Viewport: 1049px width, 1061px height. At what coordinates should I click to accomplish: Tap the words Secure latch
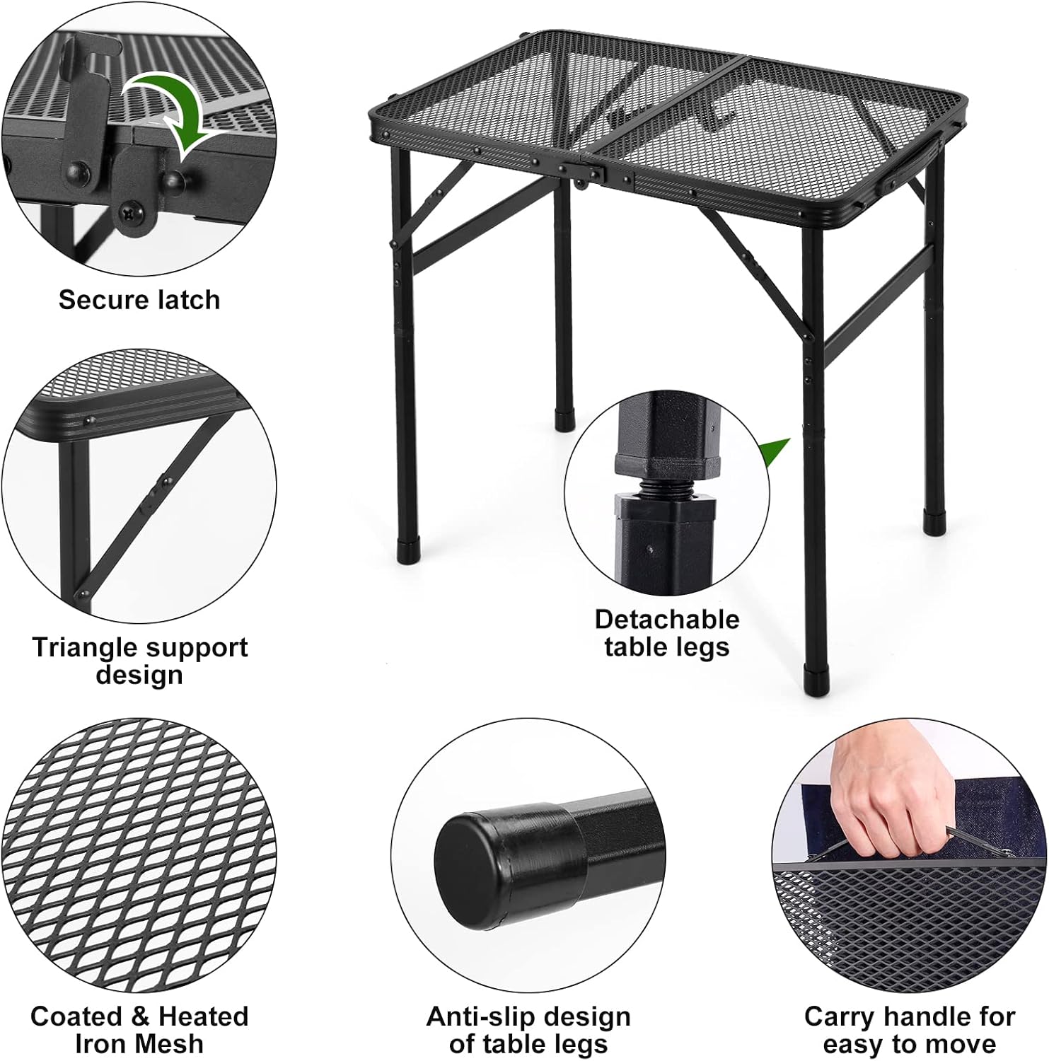(139, 300)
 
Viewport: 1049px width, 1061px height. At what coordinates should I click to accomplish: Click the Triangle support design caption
(139, 661)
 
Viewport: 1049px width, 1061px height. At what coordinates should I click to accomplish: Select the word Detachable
(667, 620)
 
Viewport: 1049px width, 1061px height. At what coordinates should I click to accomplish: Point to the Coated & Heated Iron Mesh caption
(139, 1030)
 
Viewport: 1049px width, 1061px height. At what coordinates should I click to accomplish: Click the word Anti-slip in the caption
(480, 1017)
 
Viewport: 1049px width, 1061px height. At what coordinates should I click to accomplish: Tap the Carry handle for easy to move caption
(910, 1030)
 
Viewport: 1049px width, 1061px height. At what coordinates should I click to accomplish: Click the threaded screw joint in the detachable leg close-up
(663, 488)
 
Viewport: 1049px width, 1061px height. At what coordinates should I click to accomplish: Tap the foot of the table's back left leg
(564, 420)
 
